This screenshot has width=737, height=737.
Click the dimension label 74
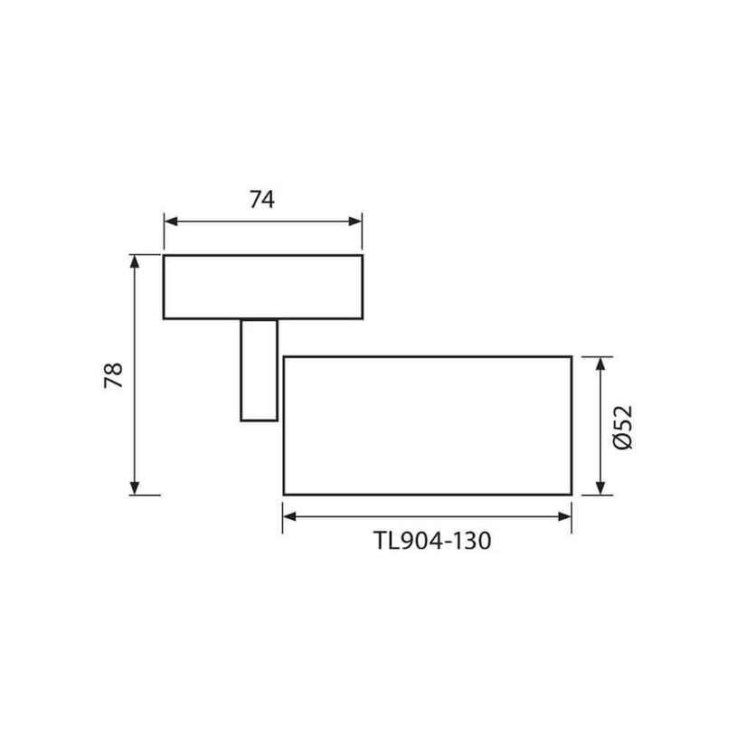[x=262, y=199]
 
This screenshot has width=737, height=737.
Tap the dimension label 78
[x=114, y=375]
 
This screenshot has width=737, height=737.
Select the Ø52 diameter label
[x=624, y=427]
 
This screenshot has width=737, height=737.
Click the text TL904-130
[x=432, y=541]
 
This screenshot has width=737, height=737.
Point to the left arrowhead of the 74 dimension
[x=171, y=222]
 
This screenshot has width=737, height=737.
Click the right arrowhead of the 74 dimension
[x=355, y=222]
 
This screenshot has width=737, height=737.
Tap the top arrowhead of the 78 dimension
[x=135, y=262]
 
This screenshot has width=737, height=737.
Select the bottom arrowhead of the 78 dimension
[x=135, y=488]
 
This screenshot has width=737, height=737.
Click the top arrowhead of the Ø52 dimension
[x=600, y=364]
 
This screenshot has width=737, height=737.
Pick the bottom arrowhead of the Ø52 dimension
[x=600, y=488]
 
